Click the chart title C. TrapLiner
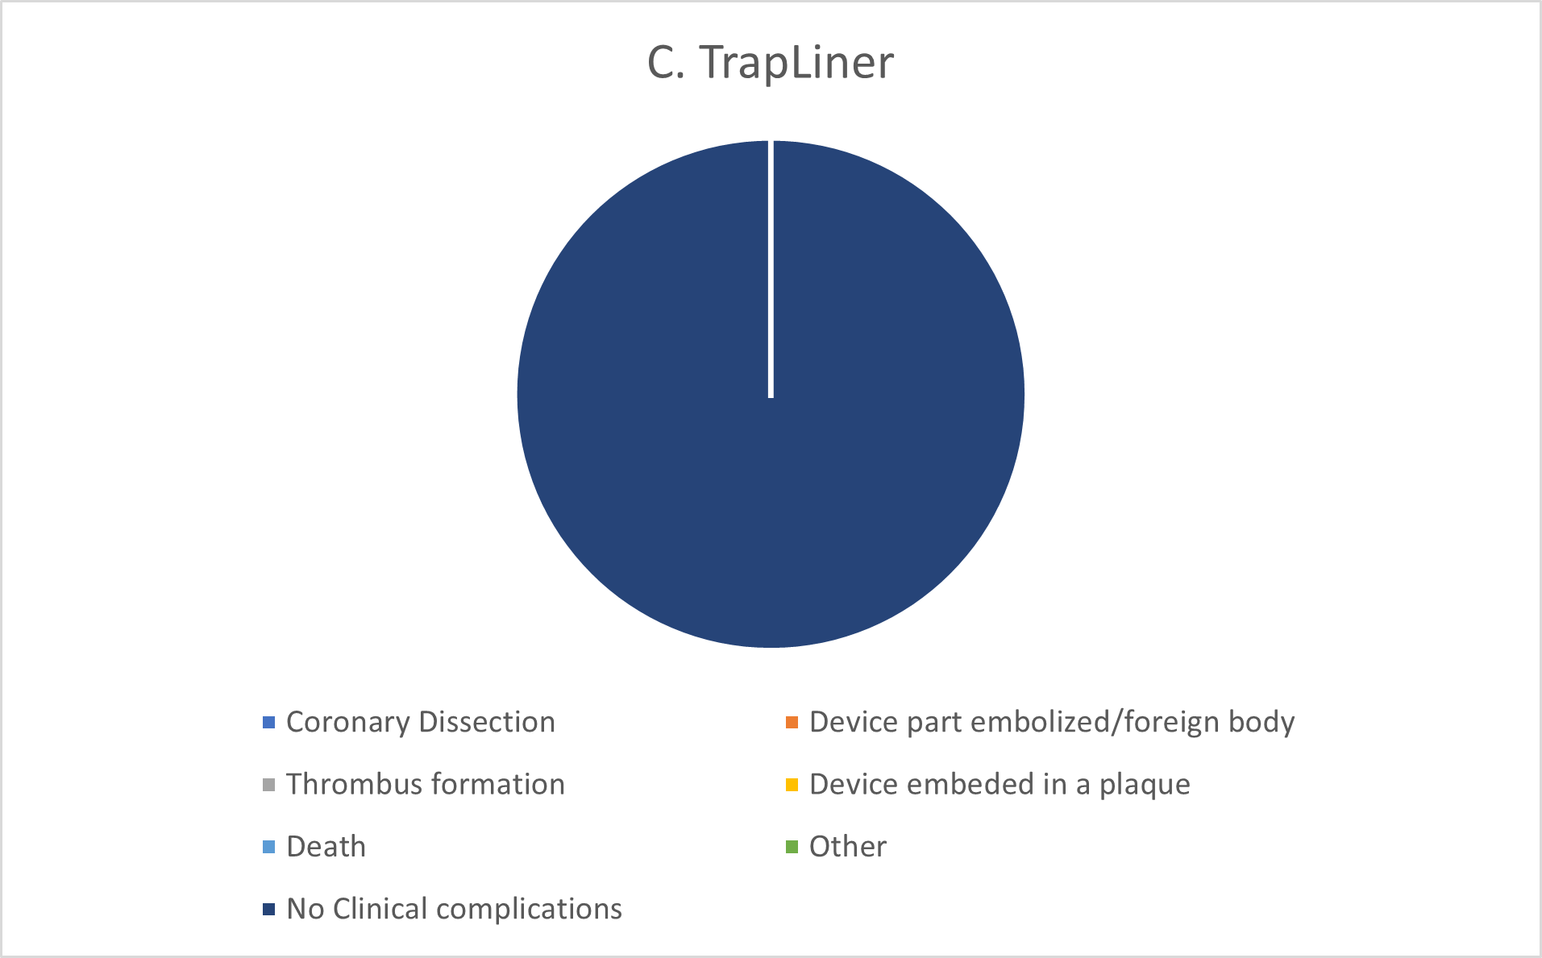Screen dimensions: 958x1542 [770, 62]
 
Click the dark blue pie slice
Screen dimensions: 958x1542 [771, 483]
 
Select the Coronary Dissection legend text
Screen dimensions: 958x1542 [420, 722]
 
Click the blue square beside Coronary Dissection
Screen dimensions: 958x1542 [269, 722]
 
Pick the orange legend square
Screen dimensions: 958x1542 [792, 722]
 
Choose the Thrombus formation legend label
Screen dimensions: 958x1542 [425, 784]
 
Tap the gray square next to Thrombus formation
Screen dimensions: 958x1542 [269, 784]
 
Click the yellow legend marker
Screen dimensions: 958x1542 [792, 784]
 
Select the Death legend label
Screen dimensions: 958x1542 [326, 847]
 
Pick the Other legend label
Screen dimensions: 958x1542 [847, 847]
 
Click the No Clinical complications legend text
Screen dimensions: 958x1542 [454, 909]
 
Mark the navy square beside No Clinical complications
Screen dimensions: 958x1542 [269, 909]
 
